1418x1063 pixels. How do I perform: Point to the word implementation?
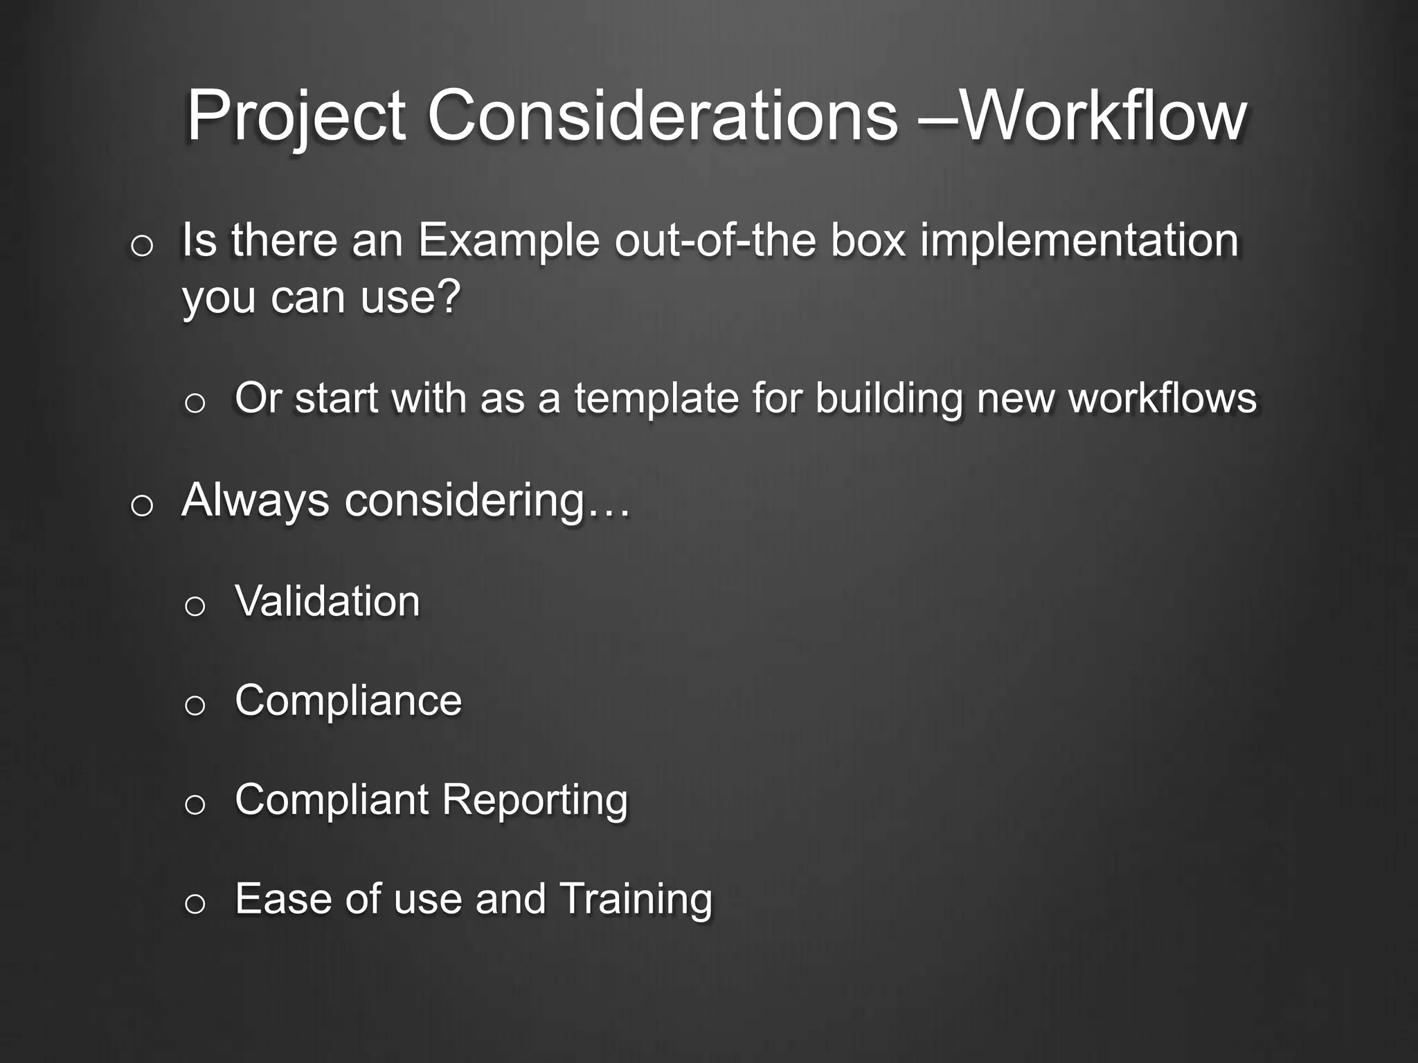(x=1079, y=242)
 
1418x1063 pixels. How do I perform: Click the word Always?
(x=255, y=500)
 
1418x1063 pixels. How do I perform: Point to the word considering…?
(x=487, y=500)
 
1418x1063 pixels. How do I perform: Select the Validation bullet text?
(x=327, y=601)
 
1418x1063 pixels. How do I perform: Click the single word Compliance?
(x=348, y=700)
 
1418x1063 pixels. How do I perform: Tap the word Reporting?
(x=535, y=801)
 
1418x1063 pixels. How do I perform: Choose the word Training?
(x=635, y=900)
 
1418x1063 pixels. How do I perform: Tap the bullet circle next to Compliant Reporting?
(x=195, y=805)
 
